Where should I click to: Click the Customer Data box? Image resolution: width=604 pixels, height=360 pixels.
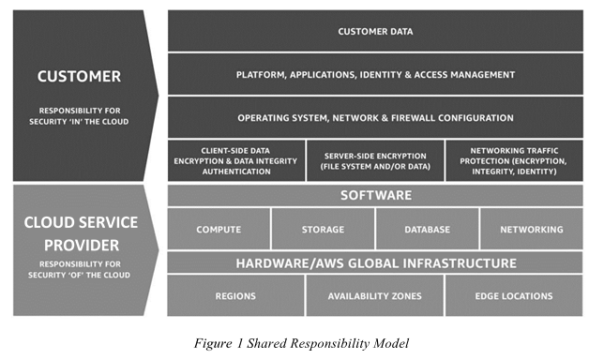coord(375,31)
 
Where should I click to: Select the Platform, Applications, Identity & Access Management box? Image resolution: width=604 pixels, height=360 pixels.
coord(375,74)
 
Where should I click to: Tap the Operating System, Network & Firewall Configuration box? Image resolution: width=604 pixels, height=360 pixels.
coord(375,117)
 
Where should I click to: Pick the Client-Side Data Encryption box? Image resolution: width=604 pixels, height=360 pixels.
coord(236,160)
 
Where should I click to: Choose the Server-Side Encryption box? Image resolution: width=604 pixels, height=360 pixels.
coord(375,160)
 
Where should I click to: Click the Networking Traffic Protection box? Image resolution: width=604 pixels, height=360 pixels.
coord(514,160)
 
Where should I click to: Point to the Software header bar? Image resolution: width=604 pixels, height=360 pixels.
coord(375,195)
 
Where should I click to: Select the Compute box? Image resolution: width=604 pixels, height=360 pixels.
coord(219,229)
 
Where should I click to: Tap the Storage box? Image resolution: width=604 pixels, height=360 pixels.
coord(323,229)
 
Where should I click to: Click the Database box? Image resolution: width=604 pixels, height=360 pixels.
coord(427,229)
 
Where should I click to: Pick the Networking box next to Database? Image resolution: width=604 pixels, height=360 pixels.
coord(531,229)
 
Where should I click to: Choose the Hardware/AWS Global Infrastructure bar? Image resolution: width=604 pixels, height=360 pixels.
coord(375,262)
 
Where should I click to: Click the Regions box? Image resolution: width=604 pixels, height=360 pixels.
coord(235,296)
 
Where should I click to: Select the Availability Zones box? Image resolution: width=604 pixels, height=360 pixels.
coord(374,296)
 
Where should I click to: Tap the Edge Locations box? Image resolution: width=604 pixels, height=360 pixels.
coord(513,296)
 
